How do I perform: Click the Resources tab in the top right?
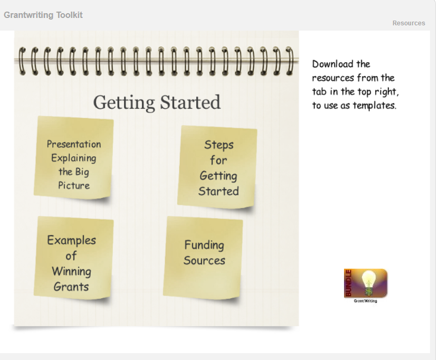[x=408, y=23]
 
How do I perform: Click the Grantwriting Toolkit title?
[x=43, y=15]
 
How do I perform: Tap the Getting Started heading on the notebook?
[x=157, y=102]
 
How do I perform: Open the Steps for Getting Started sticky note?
[x=217, y=167]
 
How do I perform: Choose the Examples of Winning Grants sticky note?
[x=74, y=258]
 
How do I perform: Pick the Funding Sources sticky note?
[x=203, y=258]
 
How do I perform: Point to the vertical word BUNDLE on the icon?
[x=348, y=283]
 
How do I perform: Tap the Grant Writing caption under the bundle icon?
[x=365, y=301]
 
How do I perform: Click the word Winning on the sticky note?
[x=71, y=271]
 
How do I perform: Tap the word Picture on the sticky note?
[x=74, y=185]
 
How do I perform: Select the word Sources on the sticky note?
[x=204, y=261]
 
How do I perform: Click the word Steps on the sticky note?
[x=219, y=145]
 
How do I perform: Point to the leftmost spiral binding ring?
[x=22, y=61]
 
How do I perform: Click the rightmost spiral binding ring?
[x=290, y=61]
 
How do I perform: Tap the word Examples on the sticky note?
[x=71, y=240]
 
